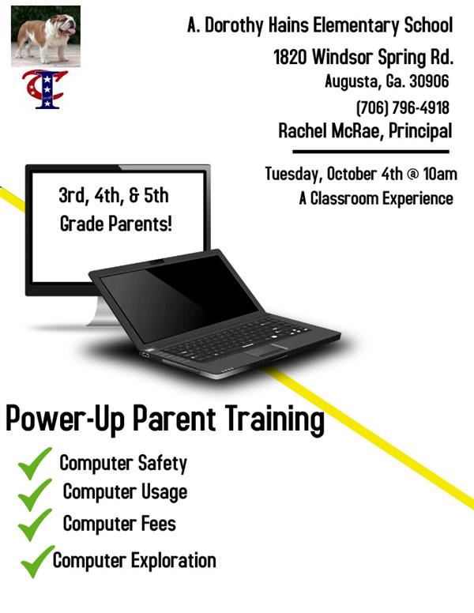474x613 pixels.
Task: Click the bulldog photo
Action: coord(46,36)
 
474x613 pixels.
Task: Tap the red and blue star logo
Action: coord(44,89)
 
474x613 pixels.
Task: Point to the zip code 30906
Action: coord(429,81)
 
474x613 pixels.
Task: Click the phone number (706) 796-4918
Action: coord(403,107)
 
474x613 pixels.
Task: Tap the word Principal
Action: coord(420,131)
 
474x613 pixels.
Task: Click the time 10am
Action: coord(440,174)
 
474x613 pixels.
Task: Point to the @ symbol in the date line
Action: coord(412,175)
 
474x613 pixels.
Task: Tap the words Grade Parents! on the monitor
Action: coord(116,224)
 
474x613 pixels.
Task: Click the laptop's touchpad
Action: coord(267,350)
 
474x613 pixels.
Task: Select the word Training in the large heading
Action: coord(275,420)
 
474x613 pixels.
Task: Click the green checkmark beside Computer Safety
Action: coord(35,464)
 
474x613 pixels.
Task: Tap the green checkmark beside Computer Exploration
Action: coord(37,562)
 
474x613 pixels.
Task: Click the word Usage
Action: coord(164,493)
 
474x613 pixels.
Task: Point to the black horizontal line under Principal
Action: coord(371,152)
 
